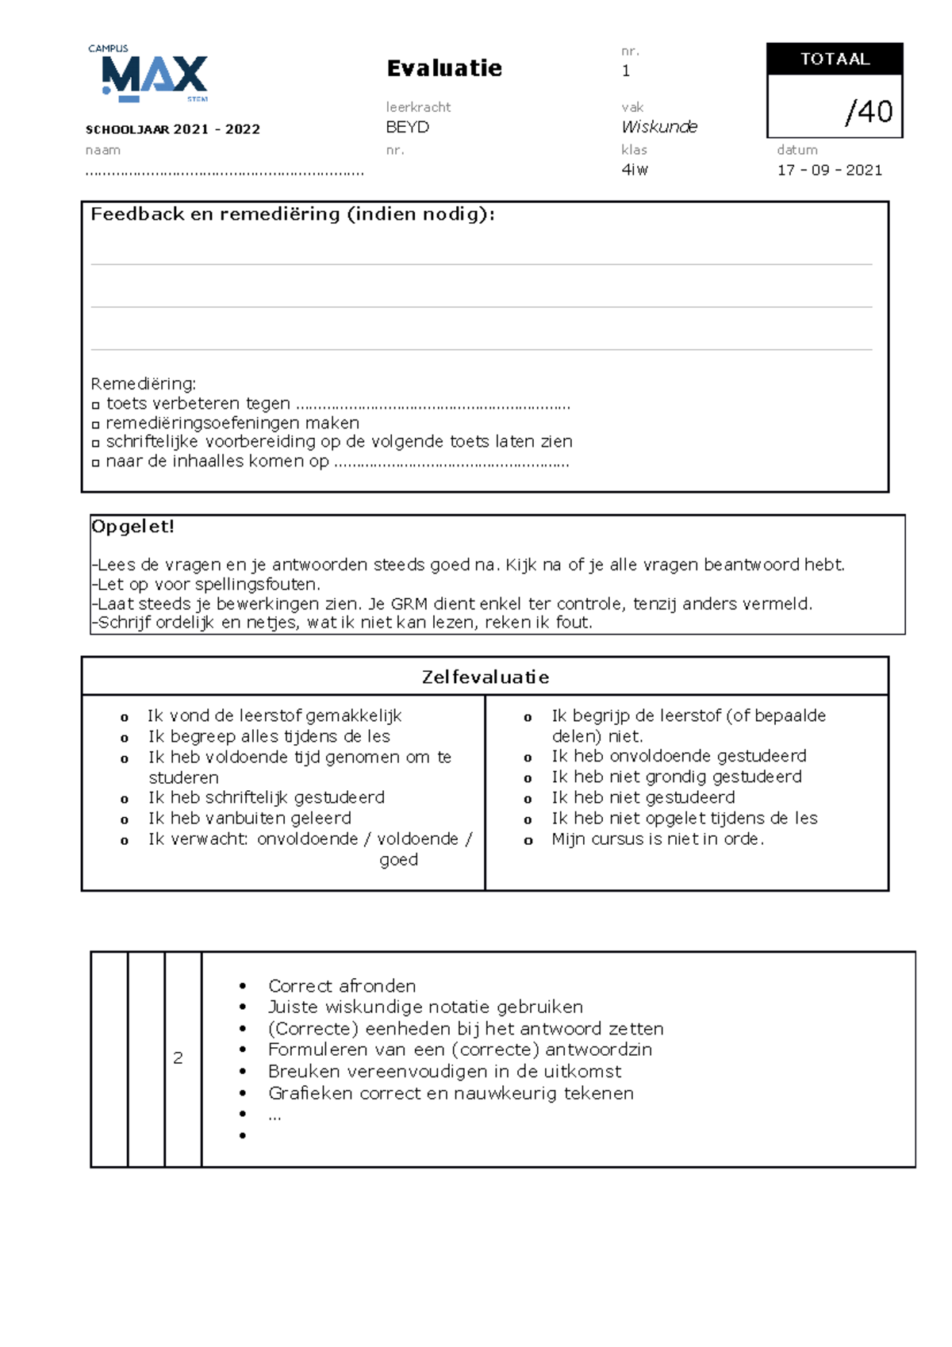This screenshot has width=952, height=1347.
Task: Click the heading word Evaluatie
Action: pyautogui.click(x=444, y=68)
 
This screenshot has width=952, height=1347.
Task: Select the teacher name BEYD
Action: pyautogui.click(x=407, y=127)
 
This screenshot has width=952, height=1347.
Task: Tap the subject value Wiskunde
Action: pyautogui.click(x=658, y=127)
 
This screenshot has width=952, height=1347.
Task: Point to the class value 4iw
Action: pyautogui.click(x=635, y=170)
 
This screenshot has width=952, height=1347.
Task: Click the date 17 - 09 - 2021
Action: pyautogui.click(x=829, y=170)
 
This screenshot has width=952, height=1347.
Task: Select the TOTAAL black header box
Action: pyautogui.click(x=835, y=59)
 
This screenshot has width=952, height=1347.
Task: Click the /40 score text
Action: pyautogui.click(x=869, y=112)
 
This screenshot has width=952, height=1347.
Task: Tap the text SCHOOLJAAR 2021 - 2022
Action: pyautogui.click(x=173, y=129)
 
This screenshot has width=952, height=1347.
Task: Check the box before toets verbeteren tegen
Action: pyautogui.click(x=96, y=405)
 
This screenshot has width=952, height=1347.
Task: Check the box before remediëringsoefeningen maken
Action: pyautogui.click(x=96, y=424)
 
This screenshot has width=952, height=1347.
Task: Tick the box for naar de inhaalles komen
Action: pyautogui.click(x=96, y=462)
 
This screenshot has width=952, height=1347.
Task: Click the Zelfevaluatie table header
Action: pyautogui.click(x=485, y=677)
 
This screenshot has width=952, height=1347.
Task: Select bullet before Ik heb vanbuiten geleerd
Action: pyautogui.click(x=125, y=819)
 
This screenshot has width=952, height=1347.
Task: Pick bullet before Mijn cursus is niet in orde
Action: pyautogui.click(x=528, y=840)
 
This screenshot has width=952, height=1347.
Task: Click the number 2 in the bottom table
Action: pyautogui.click(x=178, y=1057)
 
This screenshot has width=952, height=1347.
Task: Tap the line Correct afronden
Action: pyautogui.click(x=341, y=986)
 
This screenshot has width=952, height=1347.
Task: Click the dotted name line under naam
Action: pyautogui.click(x=224, y=172)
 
